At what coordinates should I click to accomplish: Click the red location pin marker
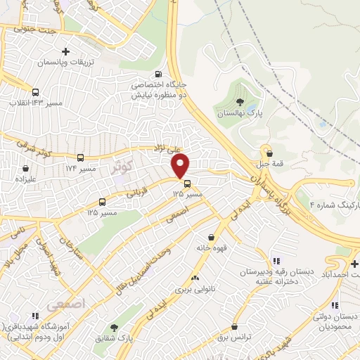click(x=181, y=166)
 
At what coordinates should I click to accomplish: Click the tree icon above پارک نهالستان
click(x=240, y=103)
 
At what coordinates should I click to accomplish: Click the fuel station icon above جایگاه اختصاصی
click(x=157, y=74)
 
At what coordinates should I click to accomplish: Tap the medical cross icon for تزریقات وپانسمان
click(x=65, y=51)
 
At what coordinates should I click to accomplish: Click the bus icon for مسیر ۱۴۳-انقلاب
click(x=35, y=92)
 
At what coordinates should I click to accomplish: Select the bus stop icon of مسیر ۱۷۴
click(x=80, y=158)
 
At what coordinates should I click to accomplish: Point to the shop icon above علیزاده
click(x=26, y=169)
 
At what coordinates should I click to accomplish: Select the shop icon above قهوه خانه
click(x=212, y=237)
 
